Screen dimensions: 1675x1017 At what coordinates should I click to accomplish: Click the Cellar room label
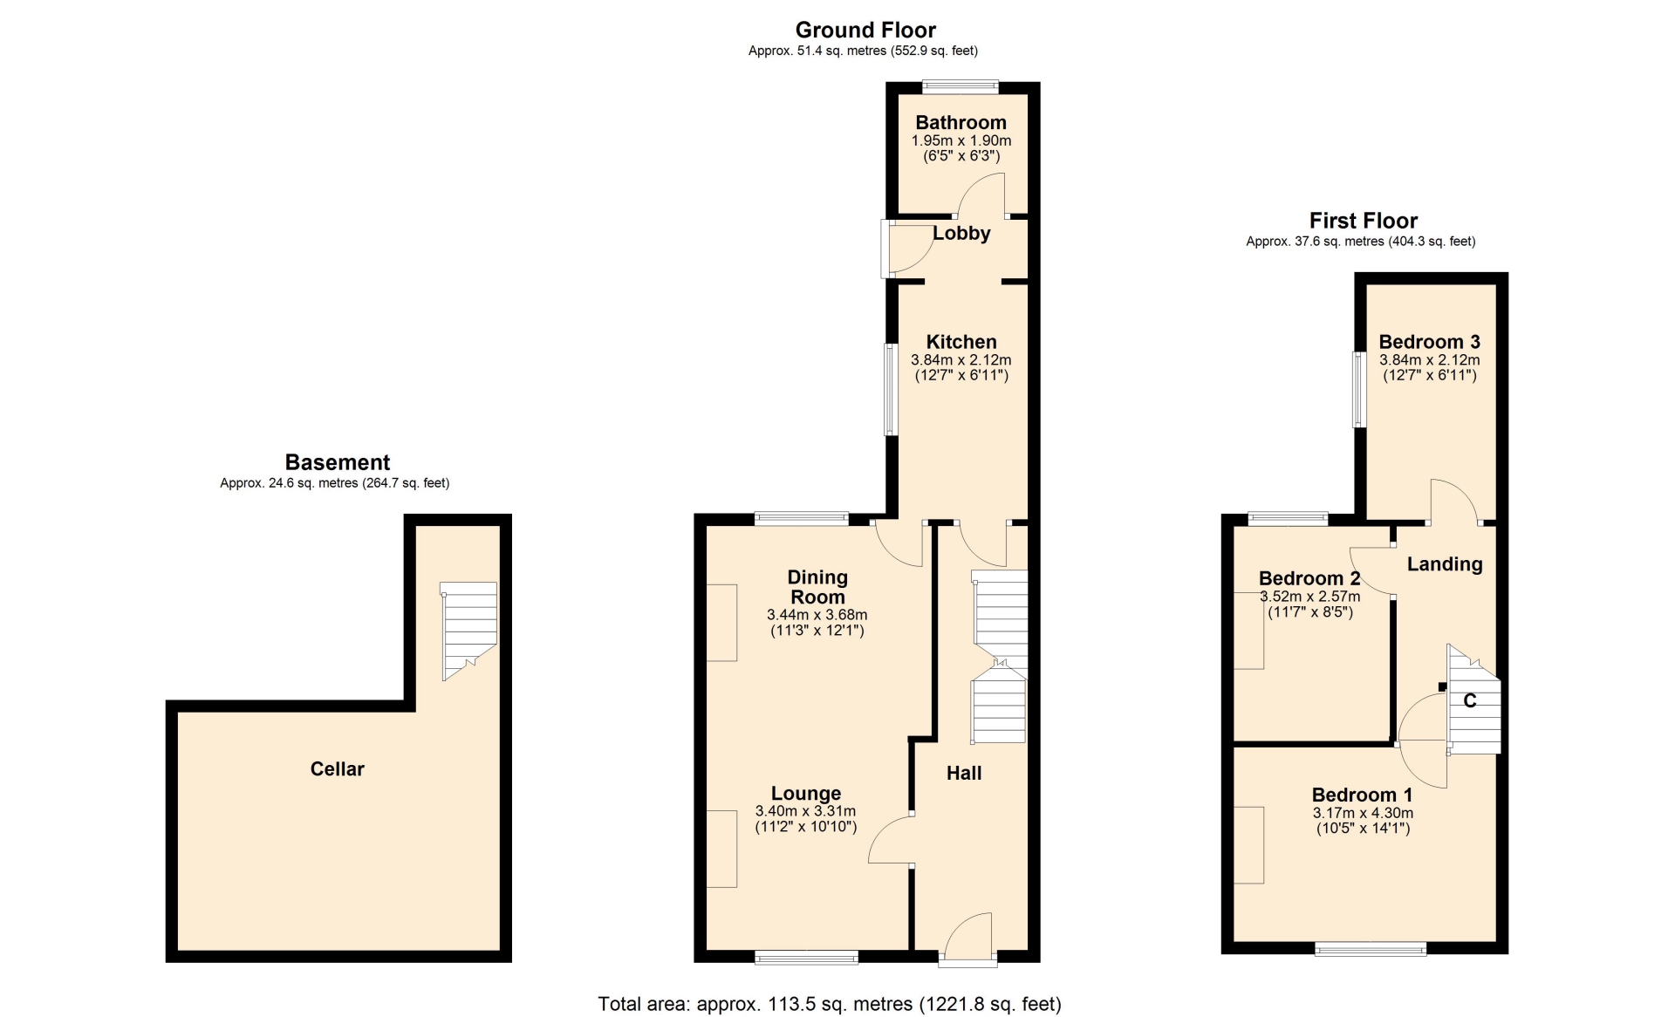pos(337,768)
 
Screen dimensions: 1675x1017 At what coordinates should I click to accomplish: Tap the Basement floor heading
pos(338,462)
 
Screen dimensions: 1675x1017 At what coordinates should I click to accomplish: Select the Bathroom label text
pos(961,122)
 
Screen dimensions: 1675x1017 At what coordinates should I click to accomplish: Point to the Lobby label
pos(961,233)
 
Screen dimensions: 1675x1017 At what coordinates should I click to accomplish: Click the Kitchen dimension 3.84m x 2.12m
pos(961,359)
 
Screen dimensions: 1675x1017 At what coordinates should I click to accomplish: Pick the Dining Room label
pos(817,587)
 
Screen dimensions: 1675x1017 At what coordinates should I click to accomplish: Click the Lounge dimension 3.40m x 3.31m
pos(806,811)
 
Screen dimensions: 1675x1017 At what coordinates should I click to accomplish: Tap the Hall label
pos(964,773)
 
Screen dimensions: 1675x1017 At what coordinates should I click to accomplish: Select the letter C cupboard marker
pos(1469,700)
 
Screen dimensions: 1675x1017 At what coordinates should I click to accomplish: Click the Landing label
pos(1445,564)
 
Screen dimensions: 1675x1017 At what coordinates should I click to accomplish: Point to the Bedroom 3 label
pos(1429,342)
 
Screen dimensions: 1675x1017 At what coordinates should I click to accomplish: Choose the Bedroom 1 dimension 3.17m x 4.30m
pos(1363,813)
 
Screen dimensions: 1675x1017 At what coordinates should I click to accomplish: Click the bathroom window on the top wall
pos(961,86)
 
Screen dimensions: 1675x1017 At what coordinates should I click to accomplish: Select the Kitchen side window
pos(891,389)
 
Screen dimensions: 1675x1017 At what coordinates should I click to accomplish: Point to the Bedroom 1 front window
pos(1371,949)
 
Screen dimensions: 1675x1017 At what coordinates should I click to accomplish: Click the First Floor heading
pos(1364,221)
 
